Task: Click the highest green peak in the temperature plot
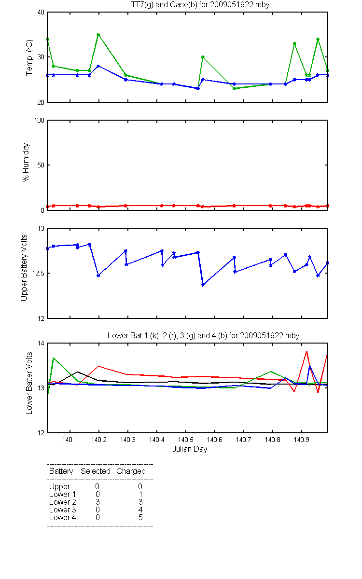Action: (x=98, y=34)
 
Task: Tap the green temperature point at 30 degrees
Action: (x=203, y=57)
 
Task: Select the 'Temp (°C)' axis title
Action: (x=29, y=57)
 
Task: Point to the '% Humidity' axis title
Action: (x=26, y=162)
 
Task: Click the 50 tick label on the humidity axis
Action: (x=41, y=165)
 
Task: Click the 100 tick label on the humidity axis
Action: (x=39, y=120)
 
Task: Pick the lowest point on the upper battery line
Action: (x=203, y=285)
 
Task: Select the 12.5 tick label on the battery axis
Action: (x=38, y=273)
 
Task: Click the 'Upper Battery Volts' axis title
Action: (x=24, y=268)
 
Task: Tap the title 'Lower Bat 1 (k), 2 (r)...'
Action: (x=203, y=335)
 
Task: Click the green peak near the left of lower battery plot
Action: (x=54, y=358)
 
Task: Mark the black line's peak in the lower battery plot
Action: (x=78, y=372)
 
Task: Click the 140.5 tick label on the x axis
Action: (x=186, y=440)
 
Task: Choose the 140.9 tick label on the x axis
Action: (x=302, y=440)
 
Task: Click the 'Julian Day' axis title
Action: (x=190, y=449)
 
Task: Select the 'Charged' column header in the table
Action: (x=131, y=471)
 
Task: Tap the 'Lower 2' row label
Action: (x=63, y=502)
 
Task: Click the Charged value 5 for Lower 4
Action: (x=140, y=517)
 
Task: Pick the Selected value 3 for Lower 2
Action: (x=97, y=502)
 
